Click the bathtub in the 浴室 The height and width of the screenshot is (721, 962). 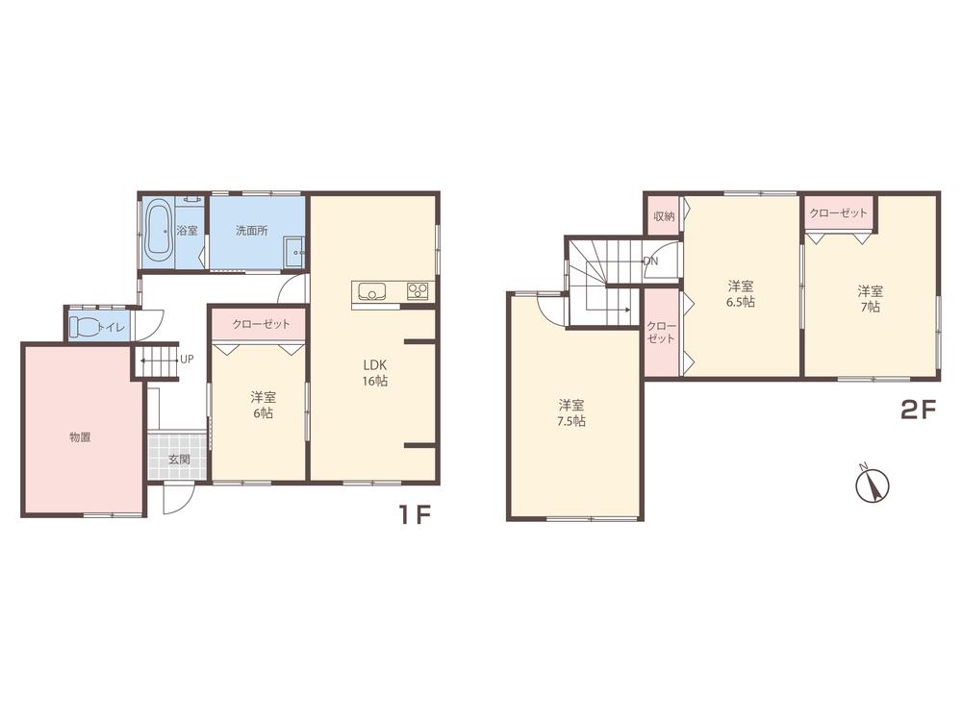159,231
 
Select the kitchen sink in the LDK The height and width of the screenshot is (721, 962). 370,290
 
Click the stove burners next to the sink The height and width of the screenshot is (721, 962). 418,290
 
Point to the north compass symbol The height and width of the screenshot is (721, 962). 872,485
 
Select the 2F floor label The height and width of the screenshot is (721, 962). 918,410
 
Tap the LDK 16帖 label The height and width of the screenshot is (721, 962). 375,373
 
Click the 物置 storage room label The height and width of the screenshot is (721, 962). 81,437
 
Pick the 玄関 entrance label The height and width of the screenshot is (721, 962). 179,459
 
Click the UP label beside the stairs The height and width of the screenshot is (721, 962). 187,360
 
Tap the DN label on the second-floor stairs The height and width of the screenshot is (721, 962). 650,261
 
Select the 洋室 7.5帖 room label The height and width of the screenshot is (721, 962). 571,413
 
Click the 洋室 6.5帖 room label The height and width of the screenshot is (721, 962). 741,294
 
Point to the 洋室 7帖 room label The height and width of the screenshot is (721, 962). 870,299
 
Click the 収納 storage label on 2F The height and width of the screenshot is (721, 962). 664,215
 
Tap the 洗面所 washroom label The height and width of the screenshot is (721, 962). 252,231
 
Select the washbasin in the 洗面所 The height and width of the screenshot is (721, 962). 294,252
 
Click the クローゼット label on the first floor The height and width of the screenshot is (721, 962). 260,324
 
